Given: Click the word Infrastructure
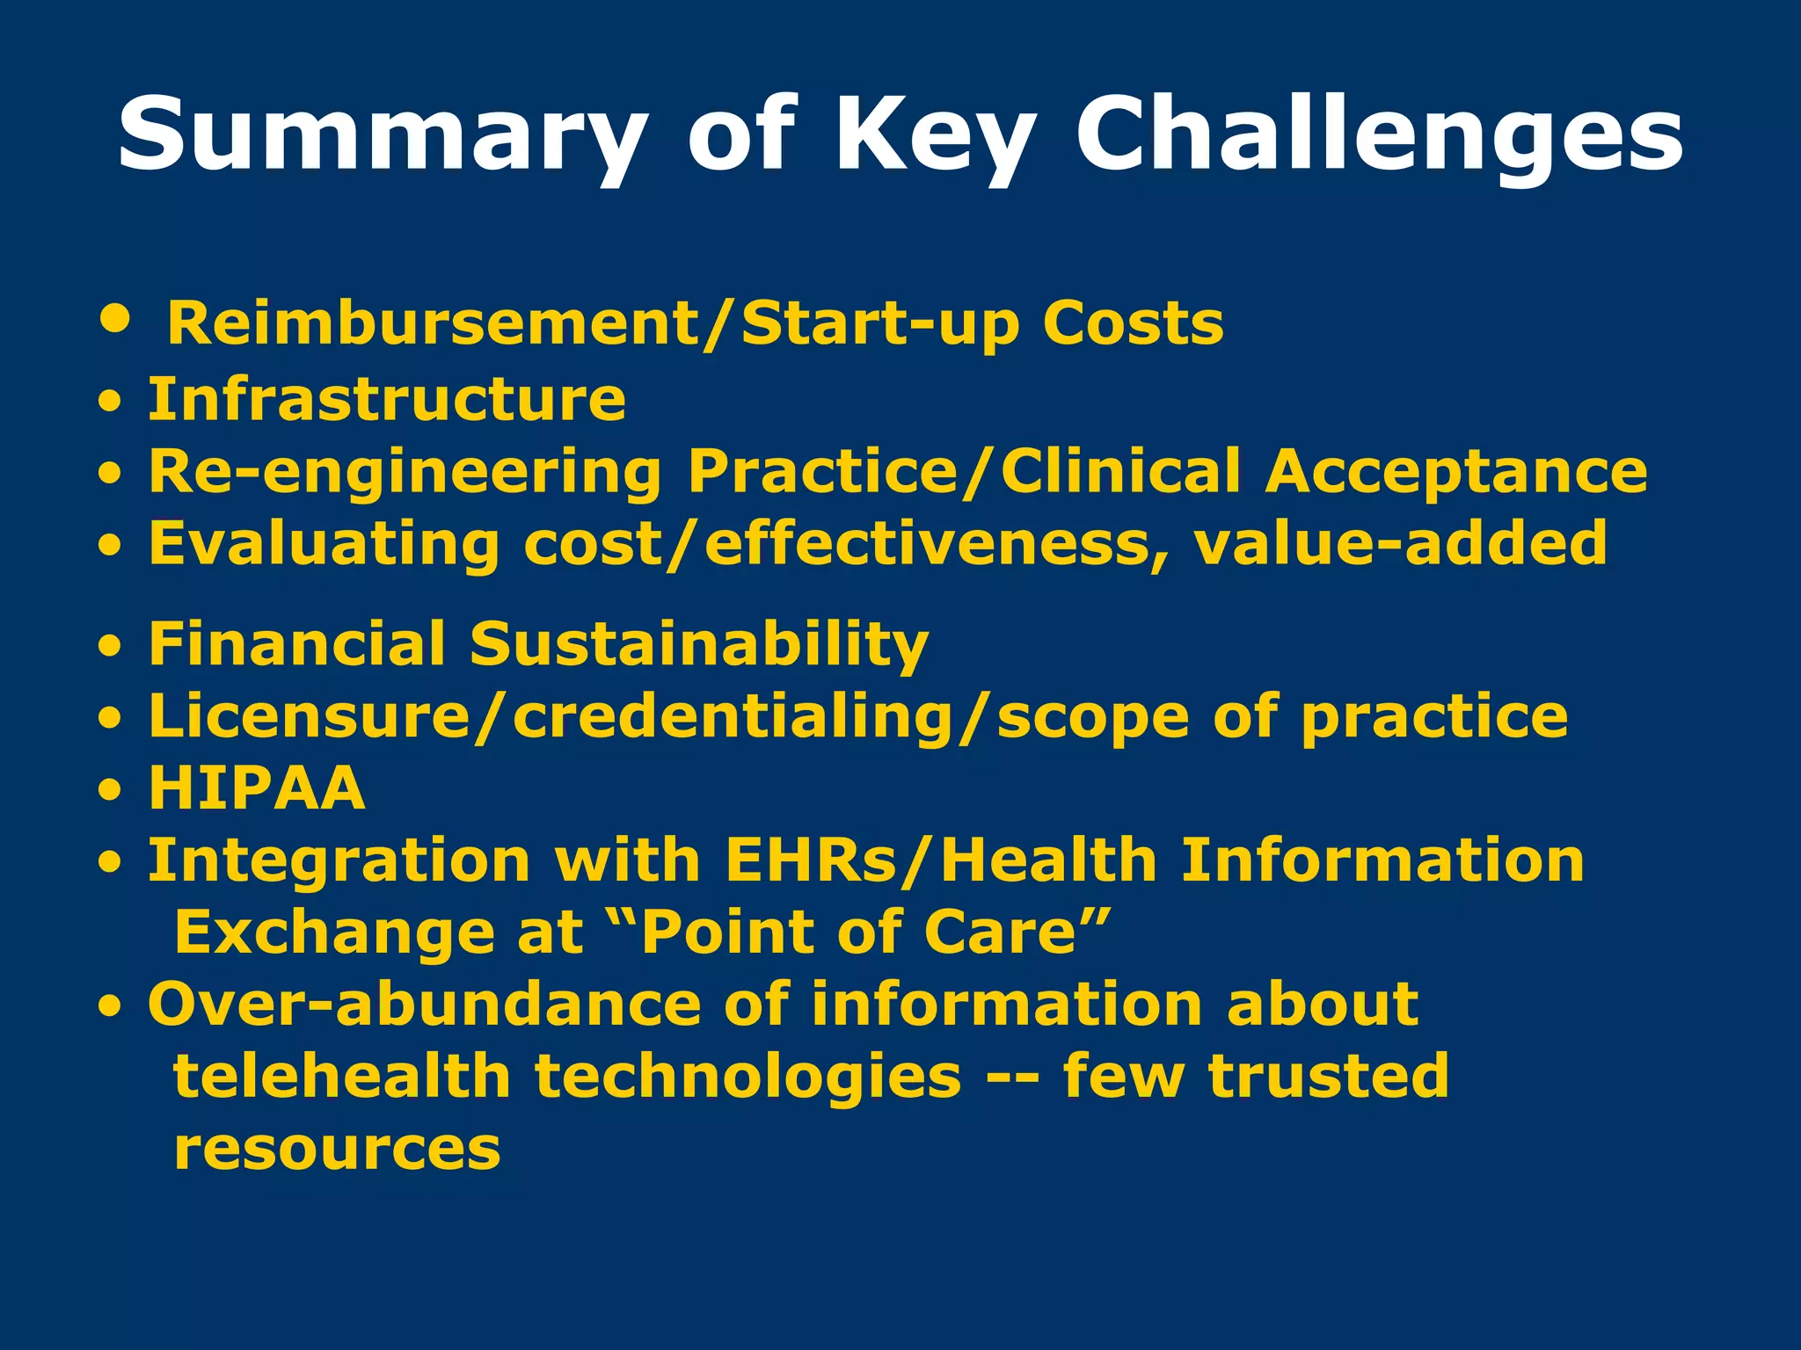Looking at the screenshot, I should [387, 400].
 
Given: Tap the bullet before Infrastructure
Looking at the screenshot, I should [109, 404].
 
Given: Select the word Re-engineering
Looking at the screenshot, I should [405, 473].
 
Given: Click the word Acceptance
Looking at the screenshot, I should [1455, 473].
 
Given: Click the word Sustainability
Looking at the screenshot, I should [698, 644].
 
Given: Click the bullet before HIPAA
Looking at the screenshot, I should [109, 790].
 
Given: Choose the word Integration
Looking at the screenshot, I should [339, 860].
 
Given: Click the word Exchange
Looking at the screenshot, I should [334, 933].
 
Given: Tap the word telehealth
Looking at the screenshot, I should [342, 1077].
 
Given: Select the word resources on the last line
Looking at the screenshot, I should [337, 1150].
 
